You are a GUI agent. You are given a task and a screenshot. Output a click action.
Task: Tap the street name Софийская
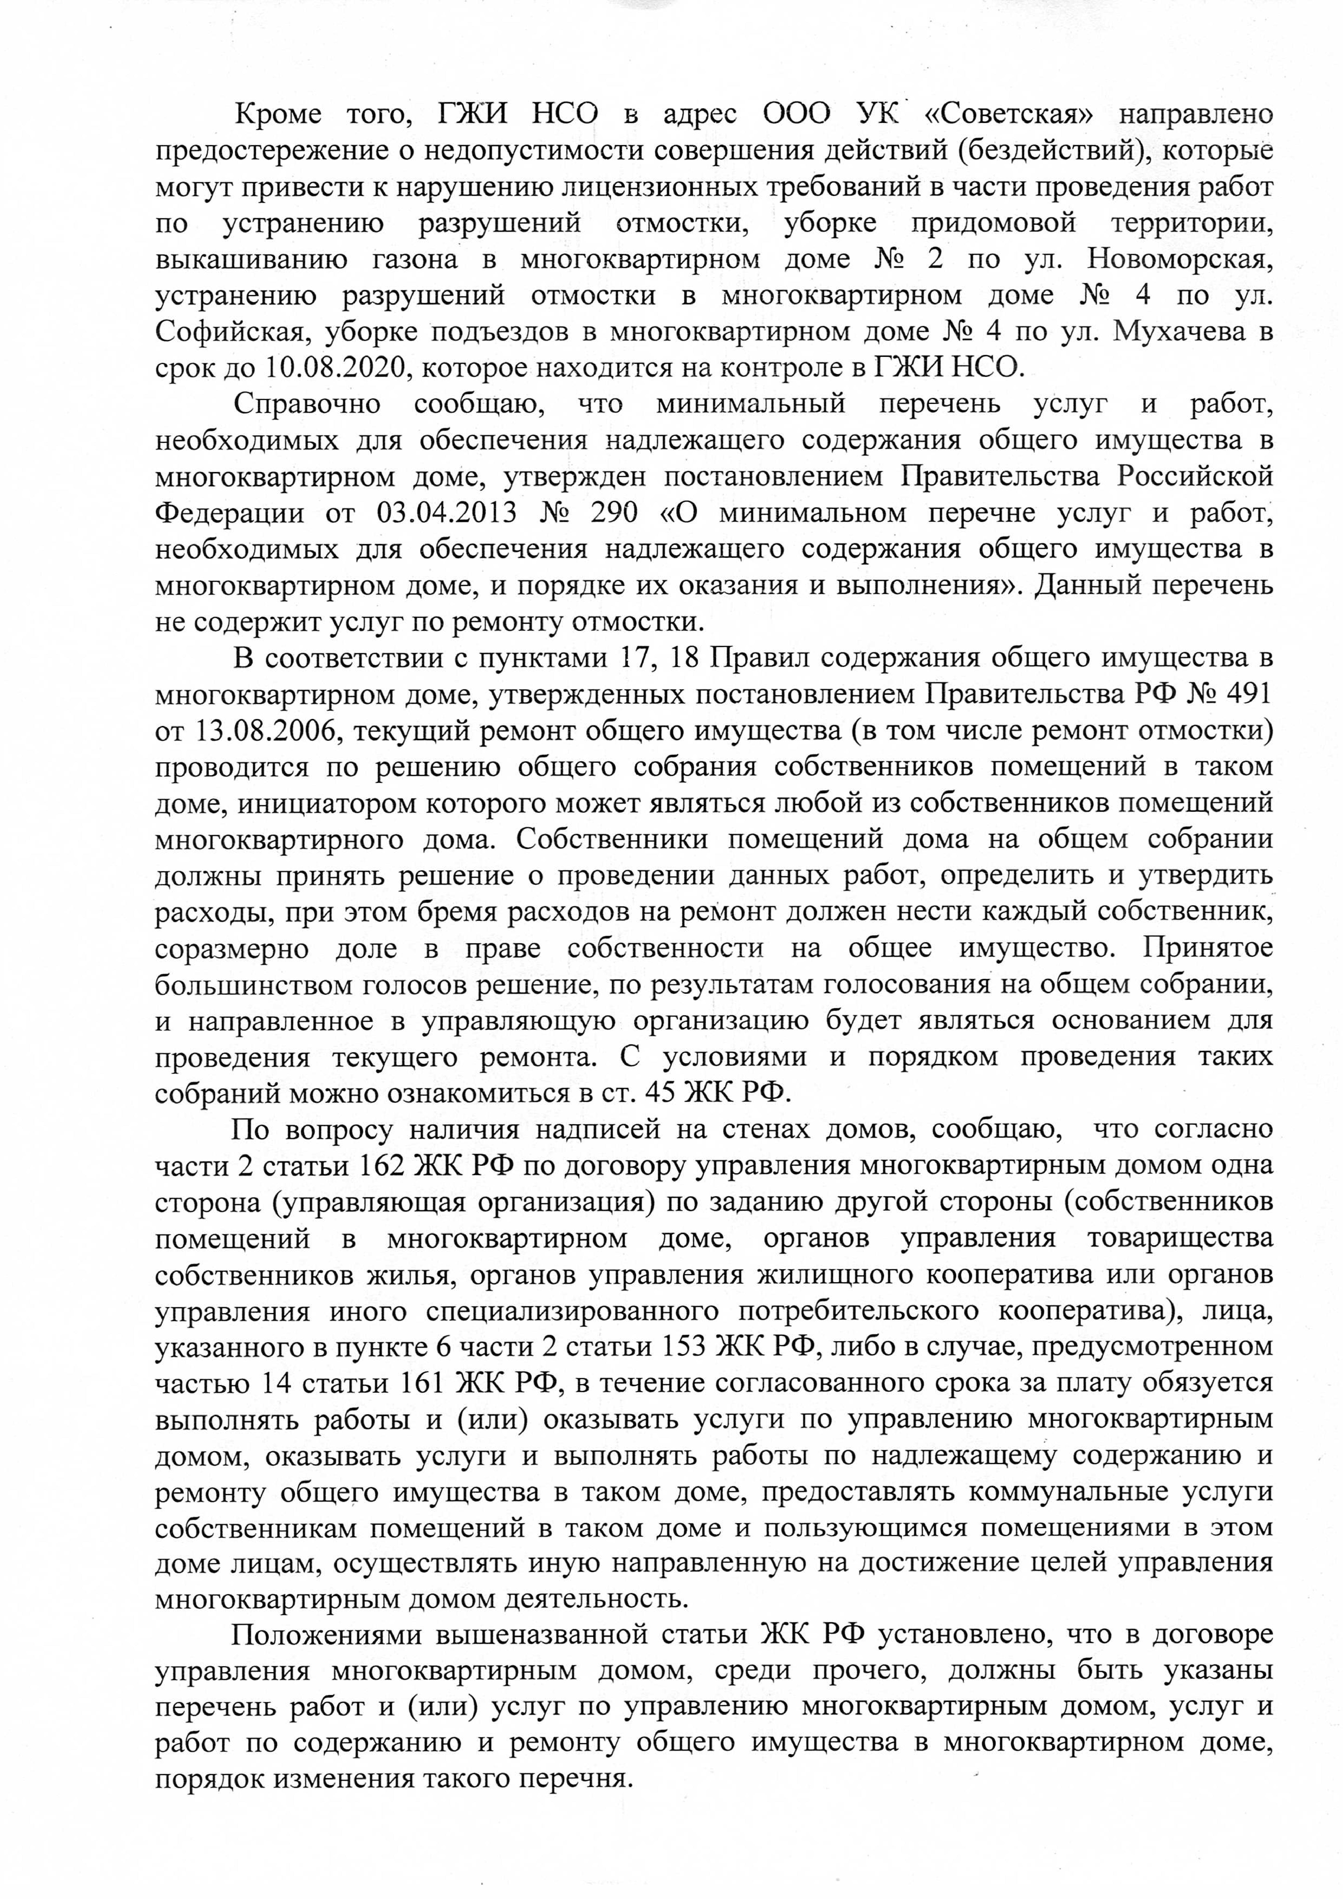tap(231, 332)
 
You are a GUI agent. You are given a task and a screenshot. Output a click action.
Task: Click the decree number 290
tap(614, 513)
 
